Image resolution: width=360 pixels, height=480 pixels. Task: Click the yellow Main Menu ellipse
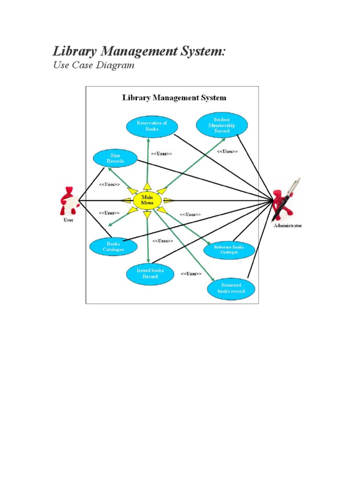pyautogui.click(x=147, y=200)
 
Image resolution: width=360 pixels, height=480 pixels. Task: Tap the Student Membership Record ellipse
pyautogui.click(x=222, y=125)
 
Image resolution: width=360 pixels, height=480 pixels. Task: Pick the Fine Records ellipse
pyautogui.click(x=115, y=158)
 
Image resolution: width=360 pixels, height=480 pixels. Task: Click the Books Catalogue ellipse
pyautogui.click(x=113, y=247)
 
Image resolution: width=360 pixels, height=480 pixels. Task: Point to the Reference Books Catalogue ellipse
pyautogui.click(x=229, y=249)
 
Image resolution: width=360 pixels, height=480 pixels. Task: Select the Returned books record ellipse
pyautogui.click(x=231, y=288)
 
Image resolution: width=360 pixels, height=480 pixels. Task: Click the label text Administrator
pyautogui.click(x=288, y=225)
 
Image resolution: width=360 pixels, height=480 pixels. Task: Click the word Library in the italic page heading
pyautogui.click(x=73, y=51)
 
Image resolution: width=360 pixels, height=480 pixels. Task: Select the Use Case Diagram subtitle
pyautogui.click(x=94, y=65)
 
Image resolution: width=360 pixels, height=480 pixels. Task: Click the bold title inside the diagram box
pyautogui.click(x=174, y=98)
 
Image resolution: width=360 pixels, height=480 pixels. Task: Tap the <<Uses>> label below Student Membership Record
pyautogui.click(x=227, y=151)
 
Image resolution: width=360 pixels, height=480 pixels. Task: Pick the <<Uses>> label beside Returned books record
pyautogui.click(x=191, y=274)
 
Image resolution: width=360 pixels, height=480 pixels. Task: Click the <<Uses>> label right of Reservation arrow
pyautogui.click(x=162, y=154)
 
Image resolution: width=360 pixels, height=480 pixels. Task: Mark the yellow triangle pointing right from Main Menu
pyautogui.click(x=169, y=201)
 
